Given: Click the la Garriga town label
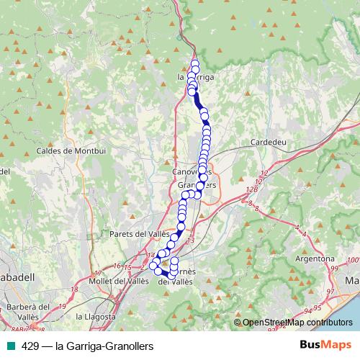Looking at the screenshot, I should point(196,76).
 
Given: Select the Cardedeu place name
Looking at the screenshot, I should point(268,143).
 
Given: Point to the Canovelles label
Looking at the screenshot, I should point(189,173).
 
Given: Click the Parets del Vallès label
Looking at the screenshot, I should point(139,234).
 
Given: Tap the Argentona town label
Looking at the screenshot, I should point(315,258).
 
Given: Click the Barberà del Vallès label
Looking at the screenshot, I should point(29,312).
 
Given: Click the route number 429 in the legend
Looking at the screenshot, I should point(30,346).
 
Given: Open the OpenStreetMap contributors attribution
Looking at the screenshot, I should point(297,323).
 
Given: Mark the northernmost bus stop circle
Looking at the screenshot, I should point(195,64).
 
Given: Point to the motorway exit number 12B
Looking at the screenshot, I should point(251,189).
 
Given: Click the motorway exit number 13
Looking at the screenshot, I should point(190,240).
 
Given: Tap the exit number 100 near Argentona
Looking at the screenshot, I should point(351,261).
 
